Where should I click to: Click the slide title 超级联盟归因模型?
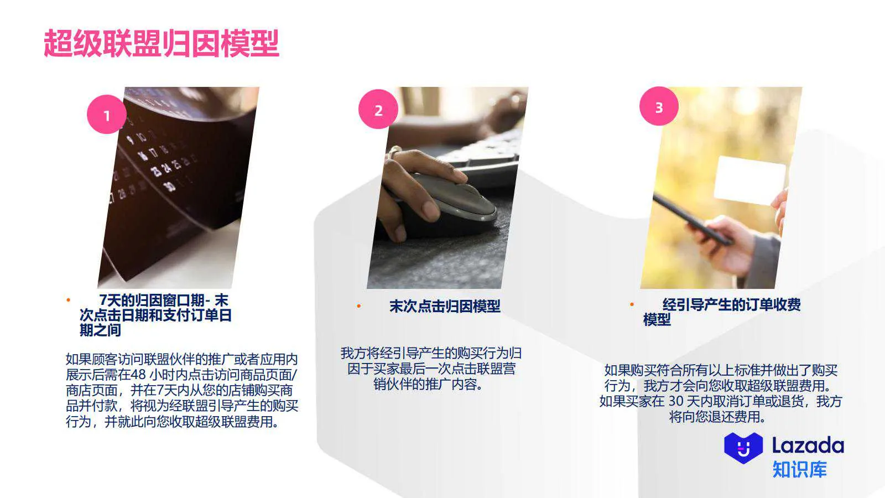(x=162, y=44)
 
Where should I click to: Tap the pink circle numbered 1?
(x=106, y=115)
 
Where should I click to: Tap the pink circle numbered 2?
(x=378, y=110)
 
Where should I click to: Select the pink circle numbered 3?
(x=659, y=106)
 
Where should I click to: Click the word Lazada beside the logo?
(x=808, y=445)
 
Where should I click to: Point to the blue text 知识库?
(x=799, y=470)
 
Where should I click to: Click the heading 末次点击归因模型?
(x=445, y=306)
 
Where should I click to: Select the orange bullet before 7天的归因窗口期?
(x=69, y=300)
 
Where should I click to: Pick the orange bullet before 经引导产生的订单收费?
(x=632, y=304)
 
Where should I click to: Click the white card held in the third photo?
(x=749, y=179)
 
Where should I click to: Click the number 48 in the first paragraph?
(x=138, y=375)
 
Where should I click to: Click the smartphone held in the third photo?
(x=691, y=219)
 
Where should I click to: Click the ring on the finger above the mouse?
(x=394, y=151)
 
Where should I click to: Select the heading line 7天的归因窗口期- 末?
(x=163, y=300)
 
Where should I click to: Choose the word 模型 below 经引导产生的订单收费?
(x=657, y=320)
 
